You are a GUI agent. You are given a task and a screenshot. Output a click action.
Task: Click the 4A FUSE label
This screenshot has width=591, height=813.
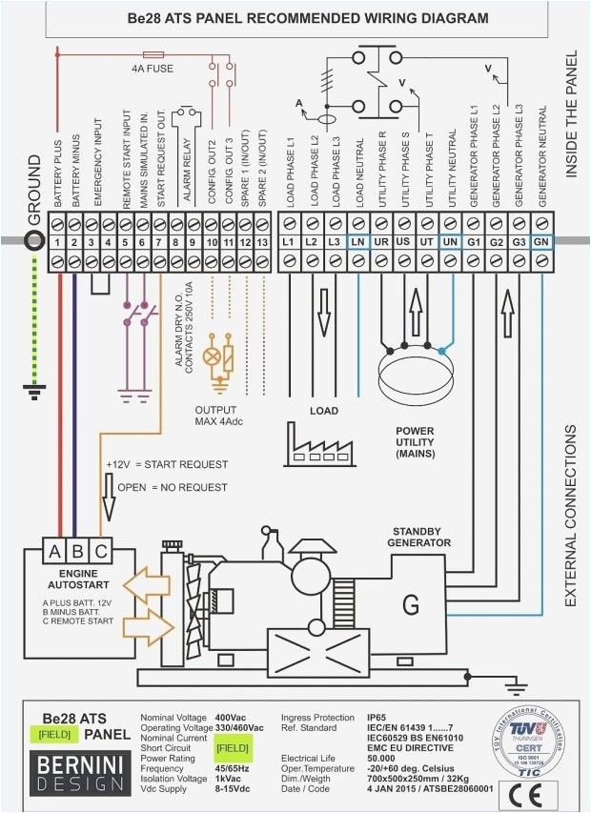[153, 69]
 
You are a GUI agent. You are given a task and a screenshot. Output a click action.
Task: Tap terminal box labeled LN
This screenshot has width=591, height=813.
[357, 242]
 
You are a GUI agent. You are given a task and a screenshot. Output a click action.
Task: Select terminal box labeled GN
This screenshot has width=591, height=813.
[540, 242]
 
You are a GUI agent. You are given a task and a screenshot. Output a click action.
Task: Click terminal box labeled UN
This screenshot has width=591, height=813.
[449, 242]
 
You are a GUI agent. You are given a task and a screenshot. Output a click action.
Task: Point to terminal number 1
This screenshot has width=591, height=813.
[58, 242]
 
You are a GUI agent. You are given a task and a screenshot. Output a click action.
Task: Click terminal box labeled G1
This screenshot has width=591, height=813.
[472, 242]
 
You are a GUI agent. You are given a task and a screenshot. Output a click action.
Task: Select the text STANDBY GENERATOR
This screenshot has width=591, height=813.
[418, 537]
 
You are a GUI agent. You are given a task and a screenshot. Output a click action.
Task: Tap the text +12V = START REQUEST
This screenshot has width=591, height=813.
[167, 464]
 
